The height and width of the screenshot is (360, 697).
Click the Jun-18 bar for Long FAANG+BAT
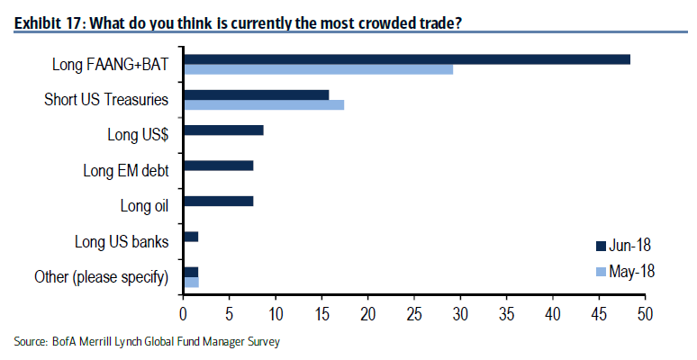(x=406, y=59)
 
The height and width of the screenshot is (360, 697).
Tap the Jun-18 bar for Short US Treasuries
(x=256, y=94)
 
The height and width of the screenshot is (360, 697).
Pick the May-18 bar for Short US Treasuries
(x=263, y=105)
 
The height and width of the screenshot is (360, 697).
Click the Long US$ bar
(x=223, y=130)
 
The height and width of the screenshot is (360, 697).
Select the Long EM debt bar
(x=218, y=166)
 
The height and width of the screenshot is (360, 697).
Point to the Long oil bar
(x=218, y=201)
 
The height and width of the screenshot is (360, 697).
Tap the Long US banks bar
(x=190, y=237)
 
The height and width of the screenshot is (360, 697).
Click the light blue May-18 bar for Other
(x=190, y=282)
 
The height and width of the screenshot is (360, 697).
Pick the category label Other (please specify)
(x=101, y=276)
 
